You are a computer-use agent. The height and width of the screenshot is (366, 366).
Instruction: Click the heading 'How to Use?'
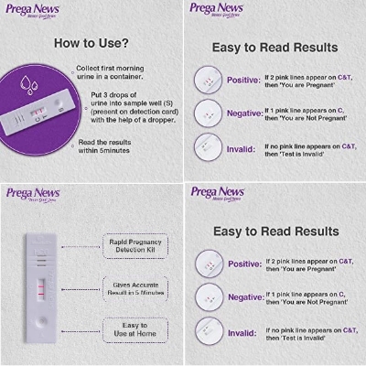point(91,43)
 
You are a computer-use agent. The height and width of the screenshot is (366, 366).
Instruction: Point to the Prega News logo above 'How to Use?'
point(31,11)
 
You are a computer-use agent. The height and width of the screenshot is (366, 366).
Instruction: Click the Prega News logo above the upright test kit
point(31,194)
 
